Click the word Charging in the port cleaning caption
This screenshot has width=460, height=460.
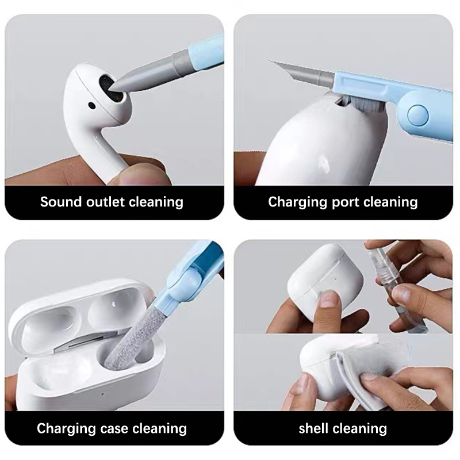pos(297,203)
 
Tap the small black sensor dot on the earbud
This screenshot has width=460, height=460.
pos(91,105)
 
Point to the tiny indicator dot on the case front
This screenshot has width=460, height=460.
pos(102,394)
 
